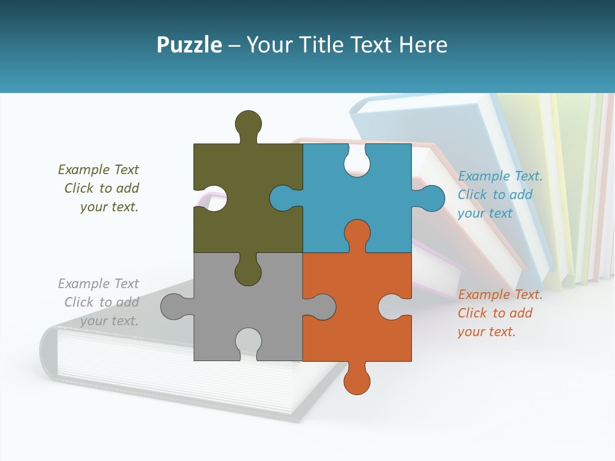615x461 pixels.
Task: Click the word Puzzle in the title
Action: coord(189,45)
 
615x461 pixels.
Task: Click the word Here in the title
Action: coord(423,45)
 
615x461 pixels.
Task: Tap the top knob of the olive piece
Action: coord(248,124)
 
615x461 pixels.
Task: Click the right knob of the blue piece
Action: coord(431,198)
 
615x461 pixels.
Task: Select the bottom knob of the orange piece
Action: coord(357,380)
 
